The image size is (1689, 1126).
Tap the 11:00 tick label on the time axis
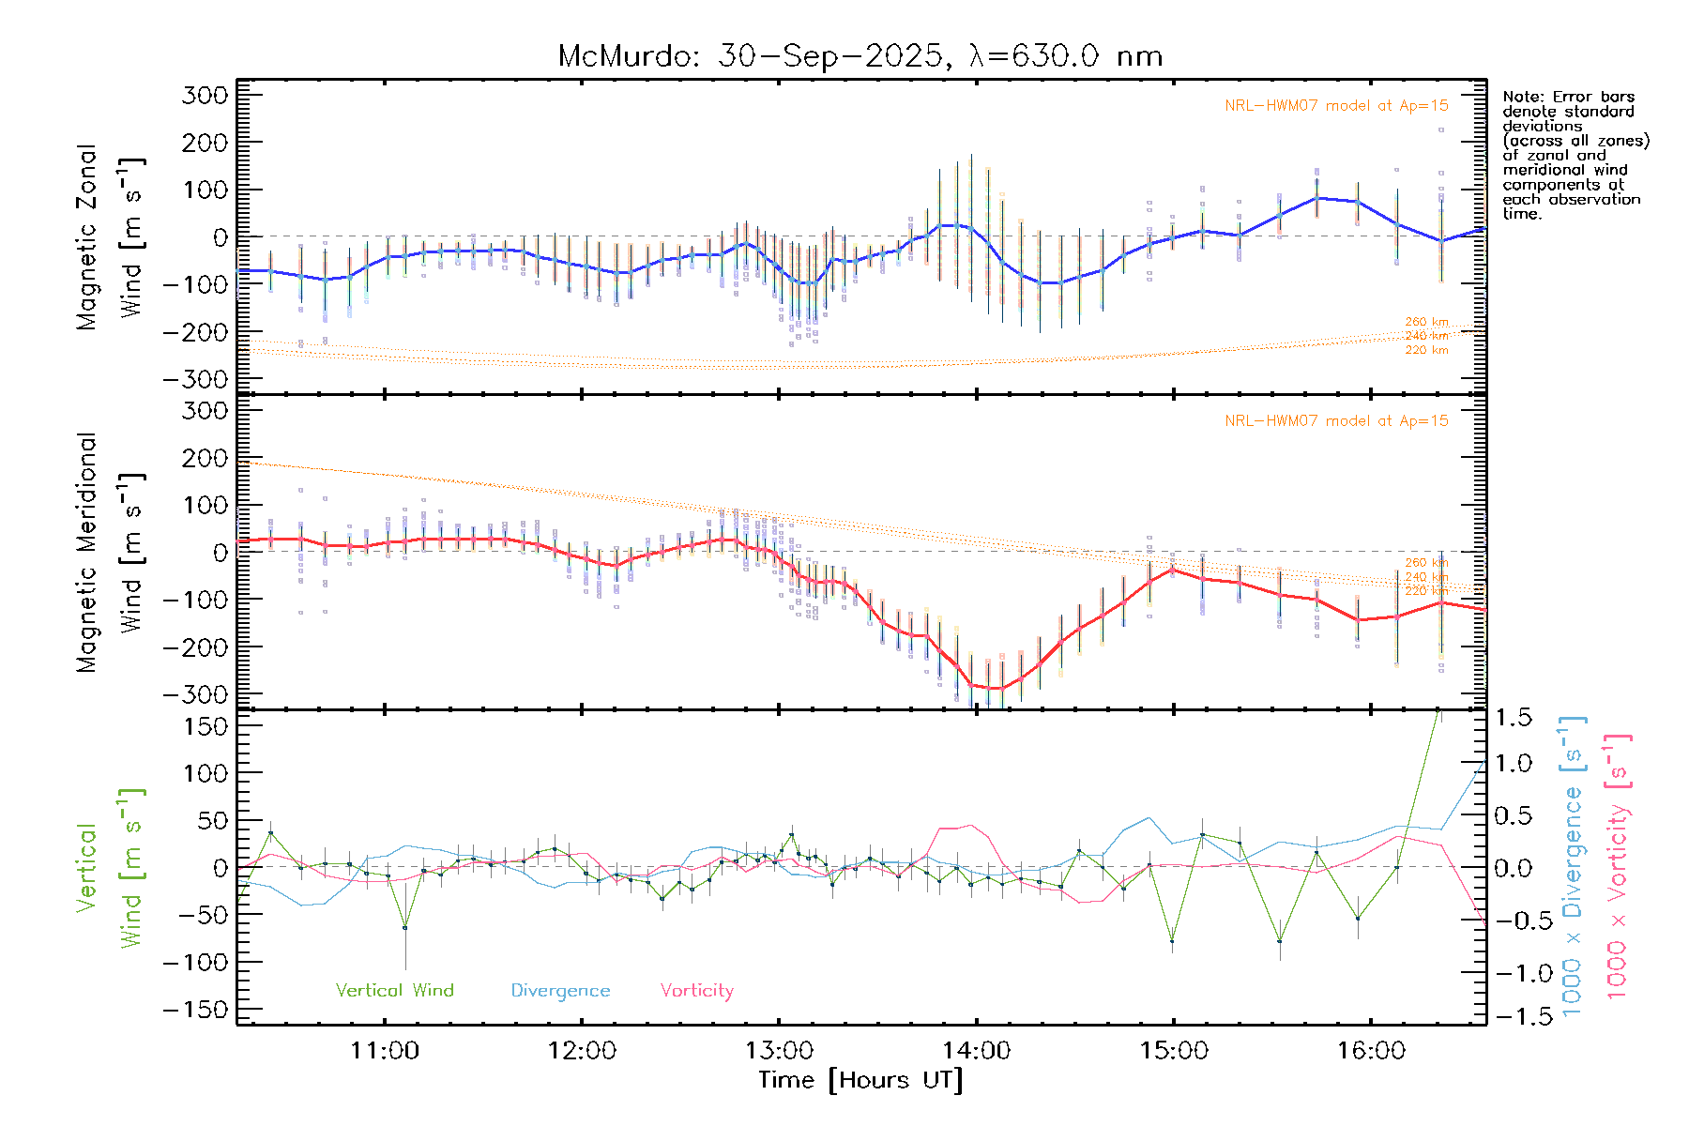coord(385,1051)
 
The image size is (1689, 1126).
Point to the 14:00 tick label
coord(976,1051)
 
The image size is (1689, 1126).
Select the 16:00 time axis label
coord(1371,1051)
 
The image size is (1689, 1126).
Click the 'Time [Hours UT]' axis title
coord(860,1080)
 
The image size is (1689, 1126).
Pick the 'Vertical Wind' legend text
coord(394,991)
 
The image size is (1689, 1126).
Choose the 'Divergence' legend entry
coord(560,991)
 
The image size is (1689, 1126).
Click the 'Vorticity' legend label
coord(696,991)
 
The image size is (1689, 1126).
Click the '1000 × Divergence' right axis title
coord(1572,865)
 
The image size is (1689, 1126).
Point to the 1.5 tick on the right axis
coord(1514,718)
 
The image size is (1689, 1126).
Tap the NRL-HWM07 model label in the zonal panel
coord(1336,106)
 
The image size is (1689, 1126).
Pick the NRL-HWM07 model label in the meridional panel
coord(1336,421)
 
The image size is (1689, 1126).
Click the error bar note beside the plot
coord(1575,155)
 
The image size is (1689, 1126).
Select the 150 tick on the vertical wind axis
coord(205,726)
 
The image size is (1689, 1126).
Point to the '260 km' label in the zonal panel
coord(1426,322)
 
